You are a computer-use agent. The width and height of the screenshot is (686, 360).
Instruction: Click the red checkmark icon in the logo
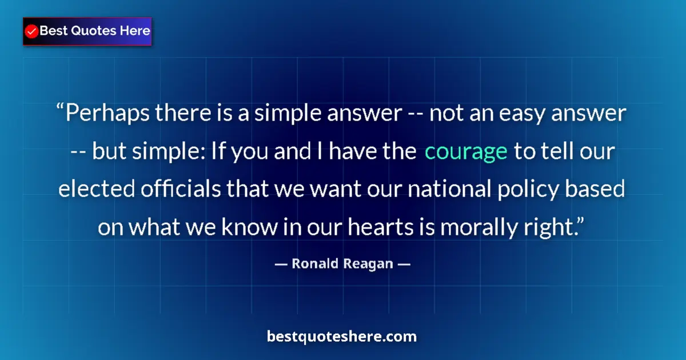(32, 31)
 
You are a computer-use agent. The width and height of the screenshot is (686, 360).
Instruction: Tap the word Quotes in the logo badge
(85, 31)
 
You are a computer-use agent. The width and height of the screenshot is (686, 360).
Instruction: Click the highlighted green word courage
(466, 151)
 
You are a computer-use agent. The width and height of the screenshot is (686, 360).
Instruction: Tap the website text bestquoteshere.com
(342, 337)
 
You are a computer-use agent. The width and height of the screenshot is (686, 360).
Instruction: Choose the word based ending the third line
(599, 189)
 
